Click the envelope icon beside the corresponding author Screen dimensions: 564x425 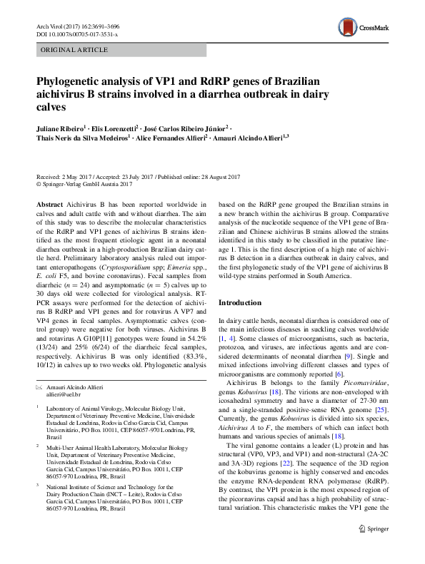(x=40, y=386)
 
